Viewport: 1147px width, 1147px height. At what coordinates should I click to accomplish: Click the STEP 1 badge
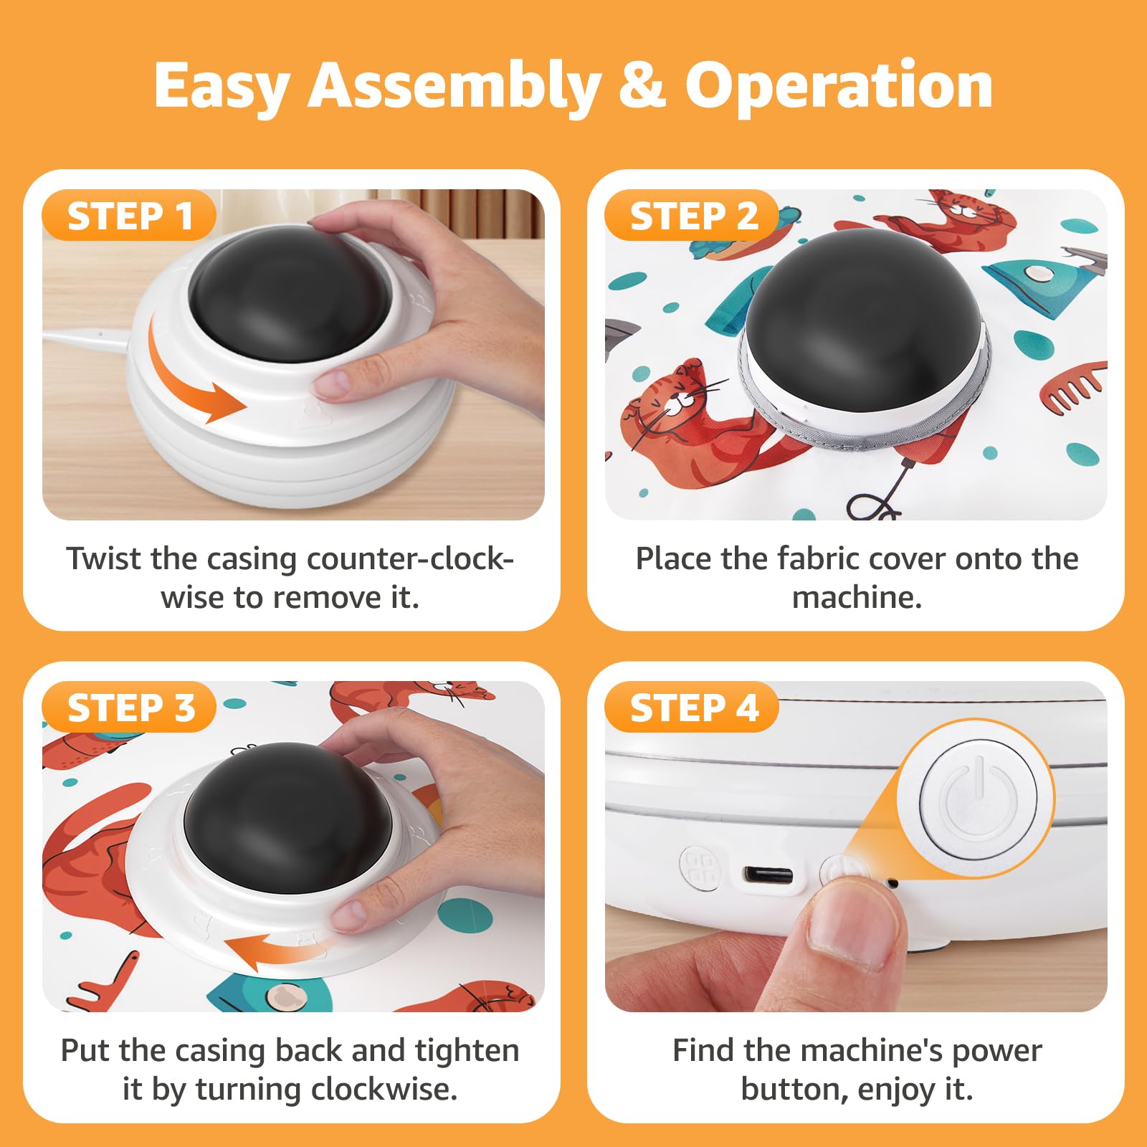[x=130, y=216]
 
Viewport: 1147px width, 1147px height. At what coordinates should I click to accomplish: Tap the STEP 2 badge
[x=693, y=216]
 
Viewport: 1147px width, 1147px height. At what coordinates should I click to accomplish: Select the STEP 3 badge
[x=130, y=708]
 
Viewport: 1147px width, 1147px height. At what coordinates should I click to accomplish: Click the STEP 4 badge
[x=693, y=708]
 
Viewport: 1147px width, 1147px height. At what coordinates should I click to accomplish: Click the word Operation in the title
[x=838, y=85]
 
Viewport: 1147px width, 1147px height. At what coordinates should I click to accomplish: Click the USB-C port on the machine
[x=768, y=875]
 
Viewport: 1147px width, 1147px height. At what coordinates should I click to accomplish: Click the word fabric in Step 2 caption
[x=817, y=559]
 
